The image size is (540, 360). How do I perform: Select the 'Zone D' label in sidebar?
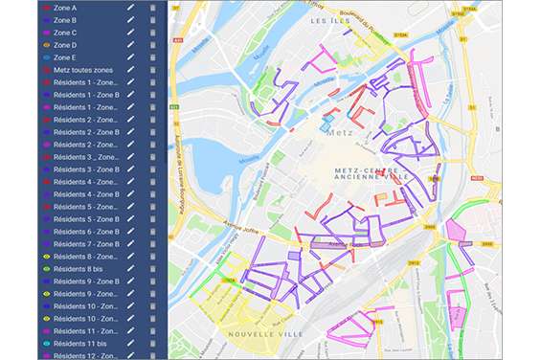[x=65, y=44]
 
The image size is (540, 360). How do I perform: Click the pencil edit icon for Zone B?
[x=131, y=19]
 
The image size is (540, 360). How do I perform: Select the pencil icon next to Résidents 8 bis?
[x=131, y=269]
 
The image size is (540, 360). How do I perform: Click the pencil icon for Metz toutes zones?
[x=131, y=69]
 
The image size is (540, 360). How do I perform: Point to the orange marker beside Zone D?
[x=47, y=44]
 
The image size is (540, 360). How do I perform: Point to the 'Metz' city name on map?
[x=335, y=132]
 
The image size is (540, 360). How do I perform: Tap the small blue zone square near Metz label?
[x=326, y=125]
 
